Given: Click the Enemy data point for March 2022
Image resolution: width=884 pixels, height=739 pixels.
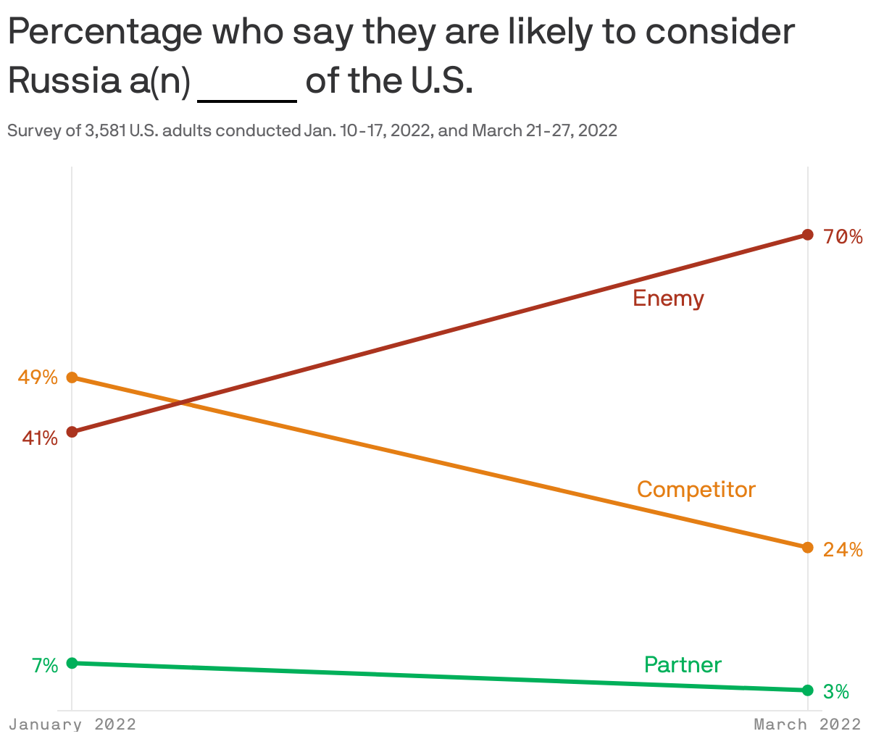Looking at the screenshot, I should pos(808,235).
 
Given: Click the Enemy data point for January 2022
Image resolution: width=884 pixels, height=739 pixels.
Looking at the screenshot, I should pos(72,432).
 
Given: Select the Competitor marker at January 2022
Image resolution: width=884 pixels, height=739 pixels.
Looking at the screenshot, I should pos(72,377).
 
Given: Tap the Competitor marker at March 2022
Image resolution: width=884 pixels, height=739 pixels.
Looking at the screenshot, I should pos(808,547).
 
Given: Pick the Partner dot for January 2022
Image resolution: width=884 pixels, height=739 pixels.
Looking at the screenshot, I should pos(72,663).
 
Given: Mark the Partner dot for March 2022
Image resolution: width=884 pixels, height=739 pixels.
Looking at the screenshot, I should pos(808,690).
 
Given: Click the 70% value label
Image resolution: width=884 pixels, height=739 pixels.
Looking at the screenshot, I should pos(843,237).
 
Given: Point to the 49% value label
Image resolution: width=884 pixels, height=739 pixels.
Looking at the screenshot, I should pos(38,377).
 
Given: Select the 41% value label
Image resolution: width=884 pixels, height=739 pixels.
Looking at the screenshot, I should pos(39,438).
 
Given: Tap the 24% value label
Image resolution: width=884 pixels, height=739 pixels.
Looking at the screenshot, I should pos(843,550).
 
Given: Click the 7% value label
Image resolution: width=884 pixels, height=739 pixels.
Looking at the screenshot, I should pos(44,666).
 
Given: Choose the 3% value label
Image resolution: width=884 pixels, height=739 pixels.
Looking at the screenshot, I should pos(836,692).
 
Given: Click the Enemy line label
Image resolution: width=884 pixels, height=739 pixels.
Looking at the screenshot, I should pos(668,298).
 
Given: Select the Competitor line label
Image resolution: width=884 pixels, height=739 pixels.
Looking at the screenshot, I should pos(696,490).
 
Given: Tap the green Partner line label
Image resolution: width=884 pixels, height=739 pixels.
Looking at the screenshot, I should pos(683,665).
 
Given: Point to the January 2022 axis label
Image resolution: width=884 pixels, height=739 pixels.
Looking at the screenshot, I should pos(72,725).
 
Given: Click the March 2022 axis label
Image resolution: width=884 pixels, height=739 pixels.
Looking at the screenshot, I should pos(807,725).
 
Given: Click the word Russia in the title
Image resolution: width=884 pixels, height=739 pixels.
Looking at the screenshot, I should pos(64,81).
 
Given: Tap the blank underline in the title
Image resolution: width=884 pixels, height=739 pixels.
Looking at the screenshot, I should pos(247,99).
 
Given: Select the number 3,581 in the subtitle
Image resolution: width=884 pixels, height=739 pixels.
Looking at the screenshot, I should pos(105,131).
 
